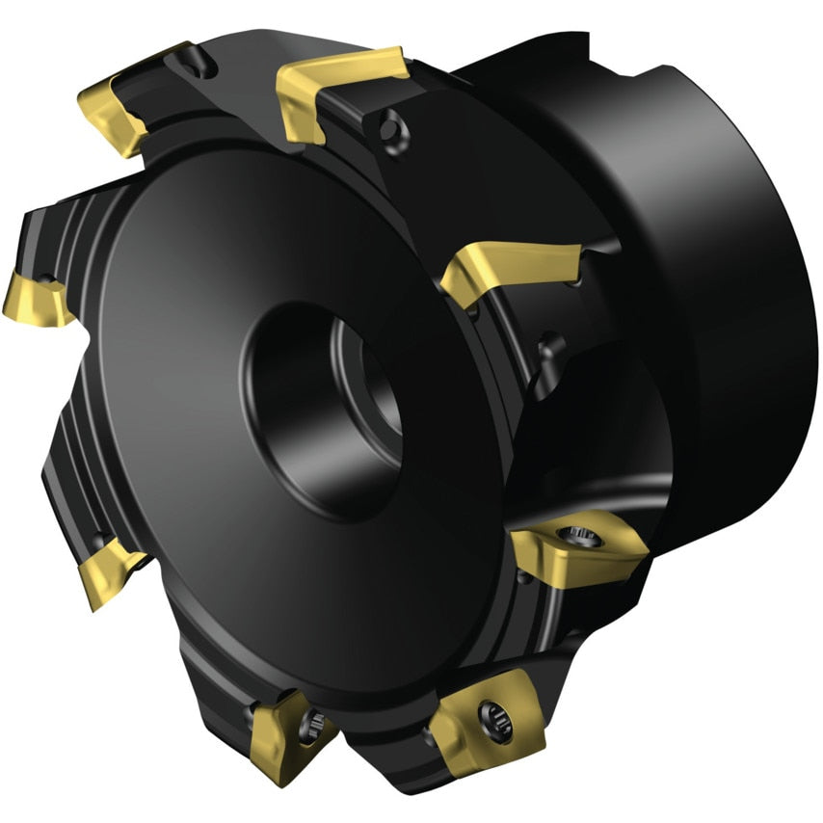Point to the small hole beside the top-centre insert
point(389,129)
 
